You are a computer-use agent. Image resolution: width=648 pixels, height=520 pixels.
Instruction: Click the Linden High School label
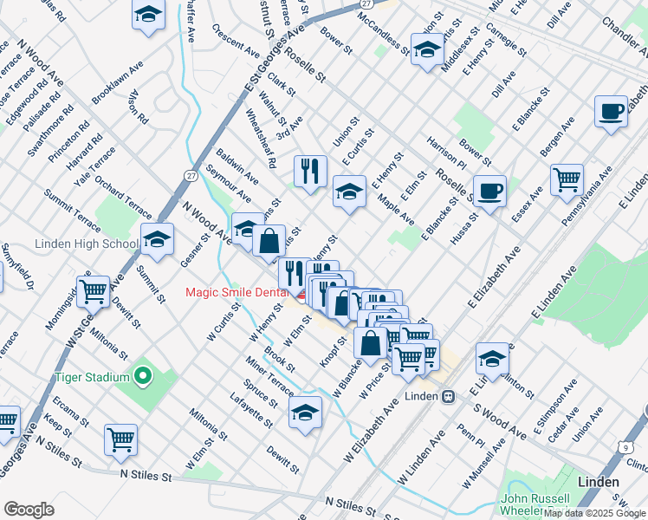click(81, 244)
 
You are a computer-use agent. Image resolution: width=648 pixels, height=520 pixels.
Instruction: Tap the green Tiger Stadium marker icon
click(144, 377)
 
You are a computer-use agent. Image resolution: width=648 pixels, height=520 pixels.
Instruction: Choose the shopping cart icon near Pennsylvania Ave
click(567, 179)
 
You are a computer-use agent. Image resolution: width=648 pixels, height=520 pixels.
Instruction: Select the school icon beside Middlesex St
click(426, 50)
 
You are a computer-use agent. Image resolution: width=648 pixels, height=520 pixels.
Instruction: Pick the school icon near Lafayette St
click(305, 413)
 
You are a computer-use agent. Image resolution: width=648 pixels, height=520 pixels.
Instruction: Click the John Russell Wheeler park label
click(534, 505)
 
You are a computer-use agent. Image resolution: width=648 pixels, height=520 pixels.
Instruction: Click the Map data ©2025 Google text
click(594, 513)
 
